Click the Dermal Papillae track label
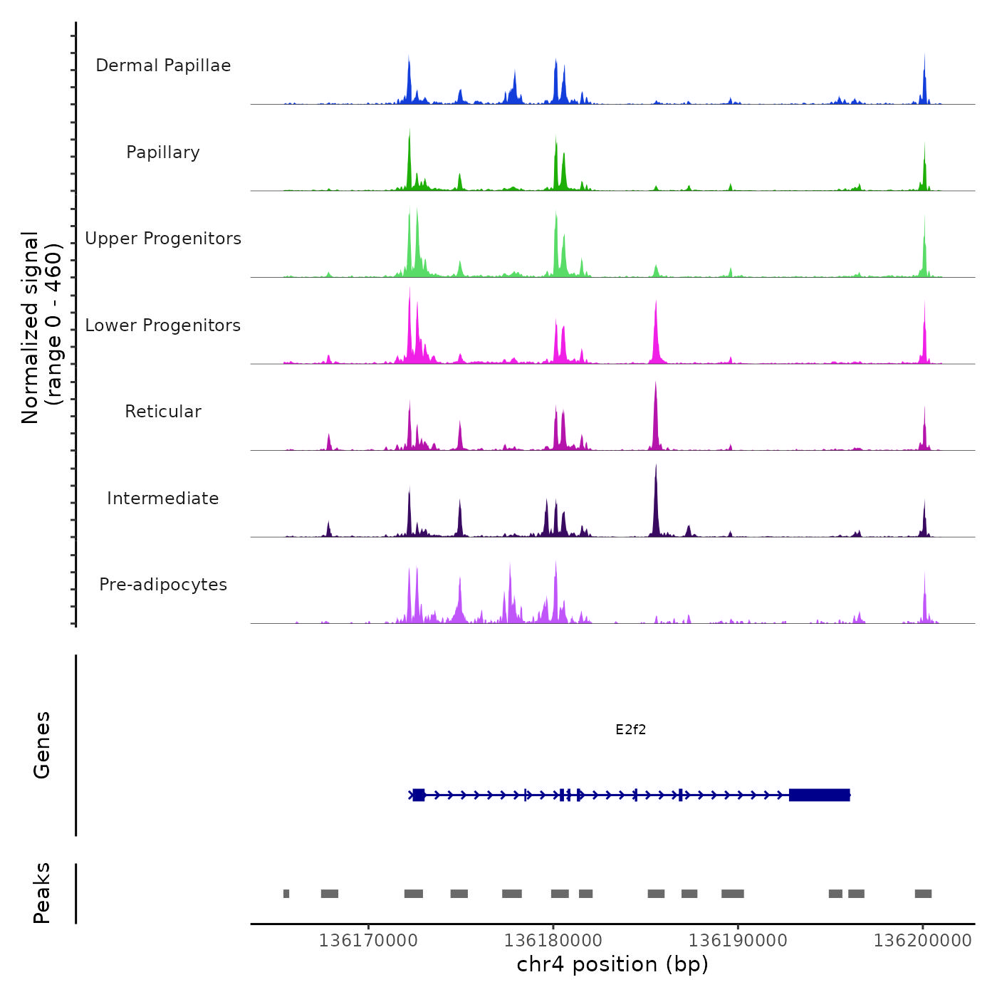[x=163, y=66]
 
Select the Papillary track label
[x=163, y=152]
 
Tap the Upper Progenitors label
[x=163, y=239]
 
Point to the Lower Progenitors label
[x=163, y=325]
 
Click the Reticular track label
[x=163, y=412]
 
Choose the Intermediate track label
[x=163, y=499]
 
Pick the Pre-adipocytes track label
[x=163, y=585]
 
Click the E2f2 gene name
[x=630, y=729]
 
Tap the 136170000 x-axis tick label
[x=368, y=941]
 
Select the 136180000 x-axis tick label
[x=553, y=941]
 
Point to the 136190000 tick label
[x=738, y=941]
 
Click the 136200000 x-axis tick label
[x=922, y=941]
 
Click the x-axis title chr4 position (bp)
[x=612, y=964]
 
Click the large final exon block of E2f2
[x=819, y=795]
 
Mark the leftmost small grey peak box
[x=286, y=894]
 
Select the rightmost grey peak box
[x=923, y=894]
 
